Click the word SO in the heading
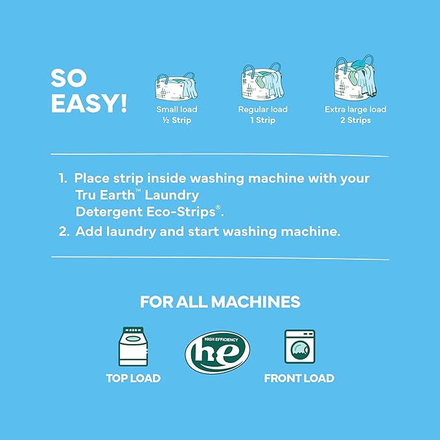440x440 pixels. [x=69, y=78]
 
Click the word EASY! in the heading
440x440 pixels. [x=89, y=104]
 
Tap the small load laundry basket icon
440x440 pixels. [x=176, y=86]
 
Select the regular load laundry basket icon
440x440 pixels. [x=262, y=81]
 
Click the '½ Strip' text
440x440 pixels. [x=176, y=121]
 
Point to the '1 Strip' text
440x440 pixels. [x=262, y=121]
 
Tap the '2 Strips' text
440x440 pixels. [x=355, y=121]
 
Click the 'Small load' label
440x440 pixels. [x=176, y=110]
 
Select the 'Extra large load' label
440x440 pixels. [x=355, y=110]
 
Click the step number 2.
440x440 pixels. [x=64, y=231]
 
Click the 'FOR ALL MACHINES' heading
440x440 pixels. [x=220, y=302]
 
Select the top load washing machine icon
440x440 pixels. [x=133, y=347]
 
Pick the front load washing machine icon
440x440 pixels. [x=299, y=347]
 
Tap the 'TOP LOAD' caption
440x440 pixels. [x=133, y=378]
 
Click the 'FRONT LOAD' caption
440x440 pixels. [x=299, y=378]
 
